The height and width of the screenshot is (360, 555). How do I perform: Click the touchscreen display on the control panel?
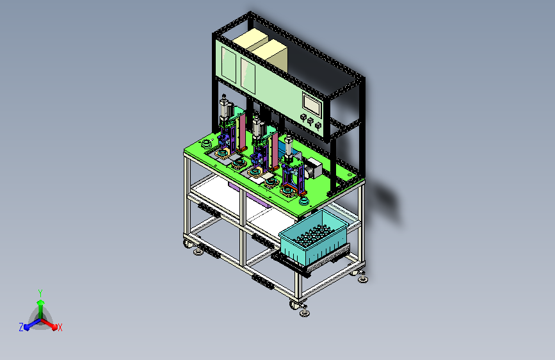312,104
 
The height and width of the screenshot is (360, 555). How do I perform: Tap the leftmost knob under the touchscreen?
303,117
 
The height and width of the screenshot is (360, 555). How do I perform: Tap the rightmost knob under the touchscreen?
318,126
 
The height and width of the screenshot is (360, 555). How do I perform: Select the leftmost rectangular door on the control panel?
229,65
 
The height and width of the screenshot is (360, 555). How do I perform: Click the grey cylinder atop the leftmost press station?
225,108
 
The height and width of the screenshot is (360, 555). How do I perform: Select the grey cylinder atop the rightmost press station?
289,146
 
